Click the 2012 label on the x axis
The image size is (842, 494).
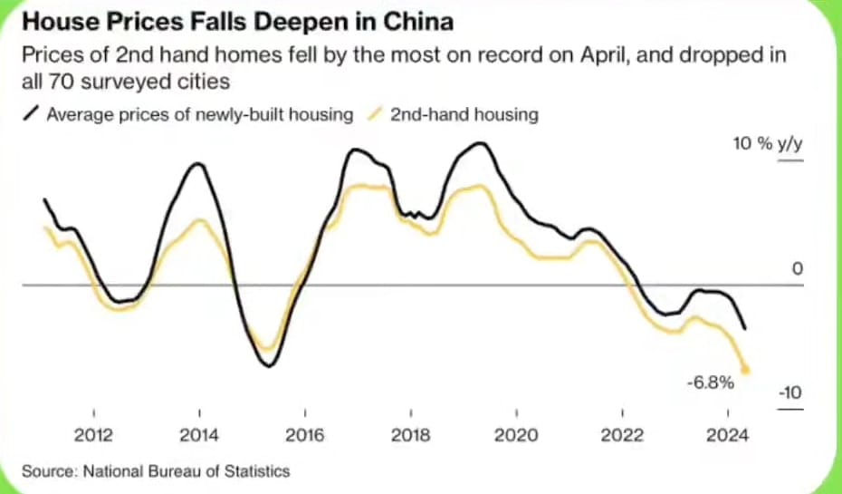pyautogui.click(x=94, y=435)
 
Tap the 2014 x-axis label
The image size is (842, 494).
pyautogui.click(x=199, y=435)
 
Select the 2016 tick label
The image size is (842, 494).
pyautogui.click(x=305, y=435)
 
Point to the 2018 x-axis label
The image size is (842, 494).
pyautogui.click(x=410, y=435)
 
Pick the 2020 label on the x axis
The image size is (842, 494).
pyautogui.click(x=516, y=435)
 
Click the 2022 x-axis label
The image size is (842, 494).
pyautogui.click(x=622, y=435)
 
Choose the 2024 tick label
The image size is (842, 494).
pyautogui.click(x=727, y=435)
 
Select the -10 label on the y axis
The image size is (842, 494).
pyautogui.click(x=790, y=392)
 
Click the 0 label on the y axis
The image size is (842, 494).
pyautogui.click(x=798, y=269)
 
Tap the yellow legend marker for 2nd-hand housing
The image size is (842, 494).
pyautogui.click(x=376, y=115)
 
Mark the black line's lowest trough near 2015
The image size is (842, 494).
pyautogui.click(x=267, y=365)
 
